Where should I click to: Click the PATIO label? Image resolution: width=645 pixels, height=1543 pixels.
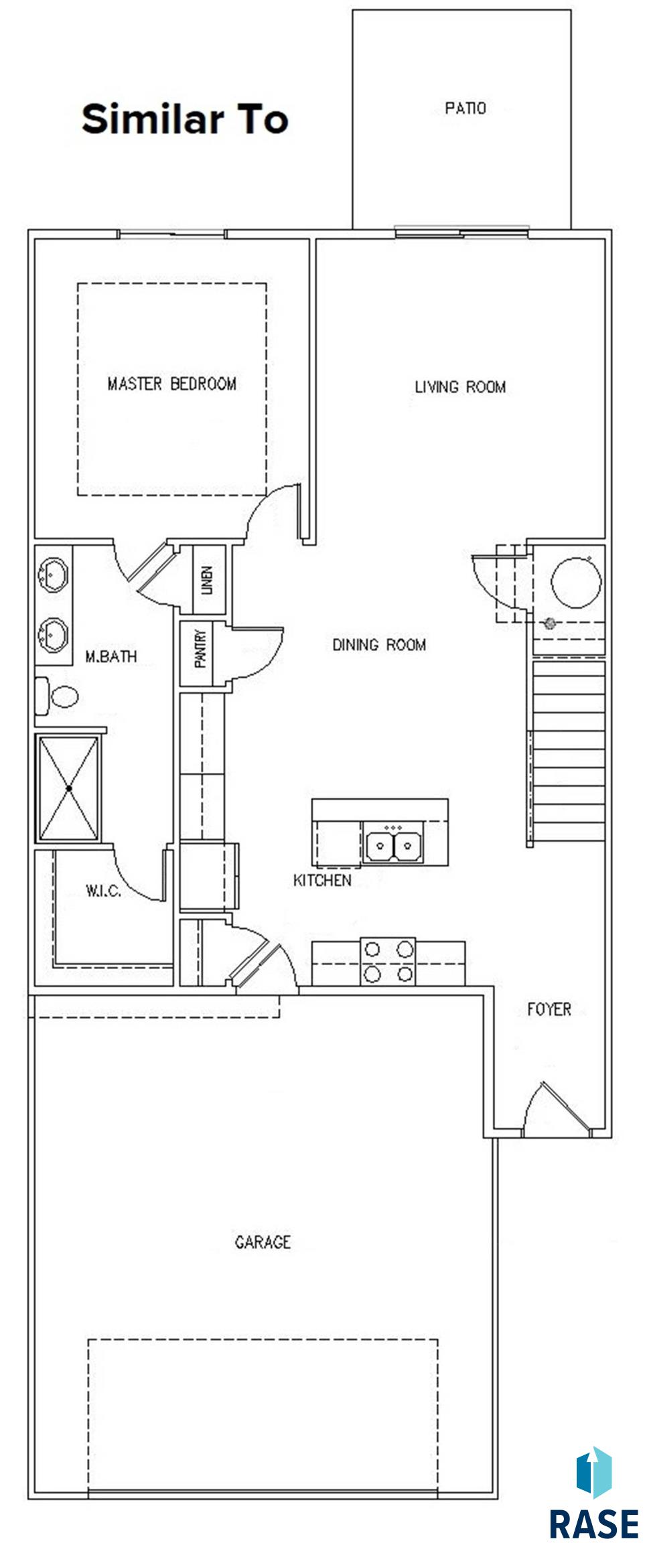(x=465, y=108)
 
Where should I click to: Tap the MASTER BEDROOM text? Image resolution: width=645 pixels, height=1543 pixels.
(x=171, y=384)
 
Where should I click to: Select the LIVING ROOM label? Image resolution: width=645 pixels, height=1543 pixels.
(x=460, y=386)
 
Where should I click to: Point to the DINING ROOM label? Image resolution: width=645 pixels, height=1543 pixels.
(x=379, y=644)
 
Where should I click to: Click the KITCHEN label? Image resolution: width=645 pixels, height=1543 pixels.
(x=322, y=880)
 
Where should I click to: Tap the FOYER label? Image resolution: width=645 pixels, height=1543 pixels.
(x=549, y=1009)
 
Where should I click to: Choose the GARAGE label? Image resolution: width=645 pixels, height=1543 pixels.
(x=263, y=1242)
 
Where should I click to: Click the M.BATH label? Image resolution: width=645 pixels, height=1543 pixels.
(x=111, y=656)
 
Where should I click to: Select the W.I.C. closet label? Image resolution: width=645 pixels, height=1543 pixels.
(x=103, y=891)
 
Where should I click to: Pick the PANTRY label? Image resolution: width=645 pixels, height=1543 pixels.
(x=200, y=650)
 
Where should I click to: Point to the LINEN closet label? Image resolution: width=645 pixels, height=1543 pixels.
(x=207, y=580)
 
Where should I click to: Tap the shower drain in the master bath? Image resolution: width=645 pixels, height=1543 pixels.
(x=69, y=788)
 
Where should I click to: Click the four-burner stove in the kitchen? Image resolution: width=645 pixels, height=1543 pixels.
(x=388, y=961)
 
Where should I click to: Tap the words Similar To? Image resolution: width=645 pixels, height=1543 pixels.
(x=185, y=119)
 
